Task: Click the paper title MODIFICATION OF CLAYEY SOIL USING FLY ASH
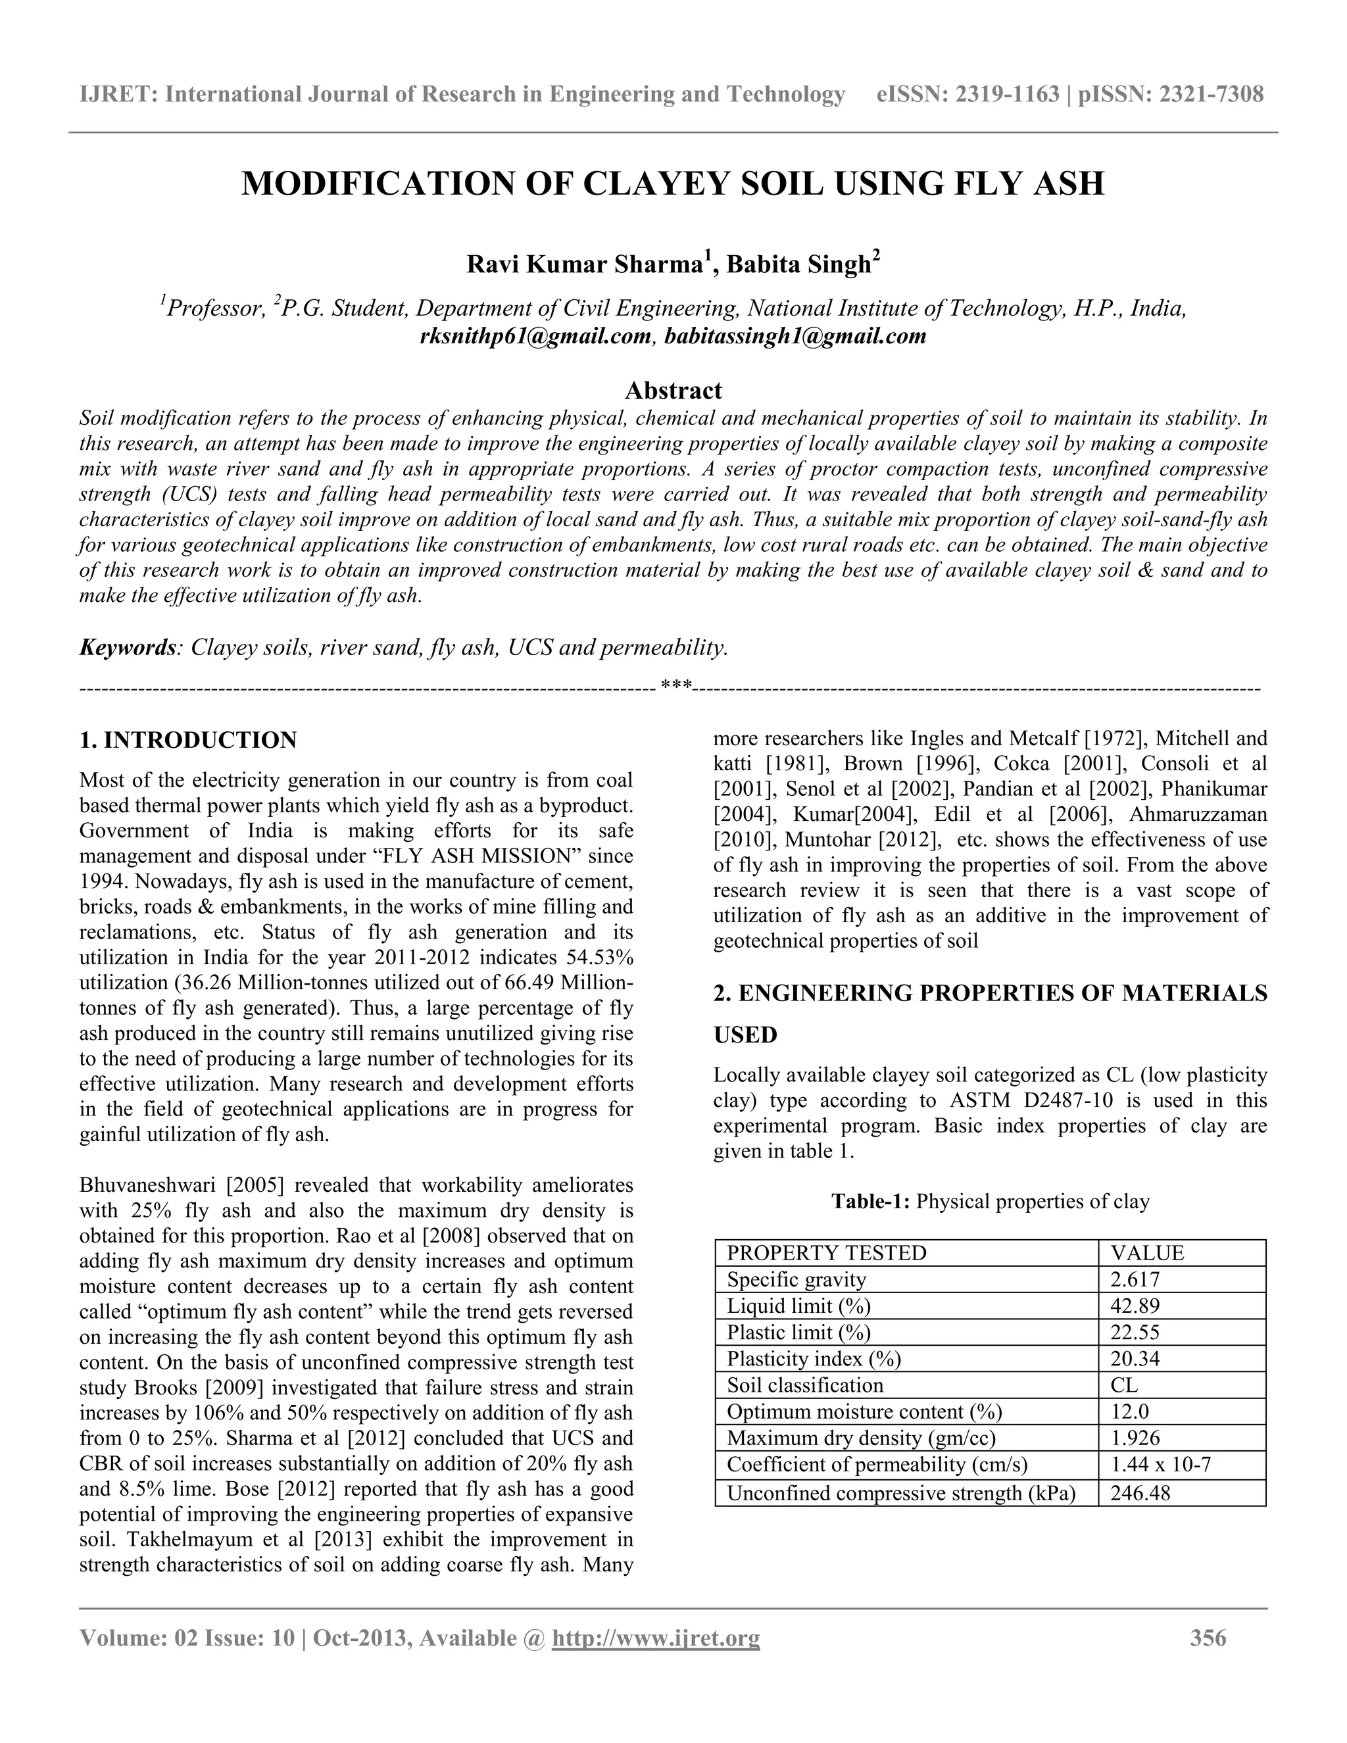click(673, 183)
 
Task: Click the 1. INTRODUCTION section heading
click(188, 740)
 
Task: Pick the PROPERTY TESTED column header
click(826, 1253)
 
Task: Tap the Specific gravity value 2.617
click(1135, 1279)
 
